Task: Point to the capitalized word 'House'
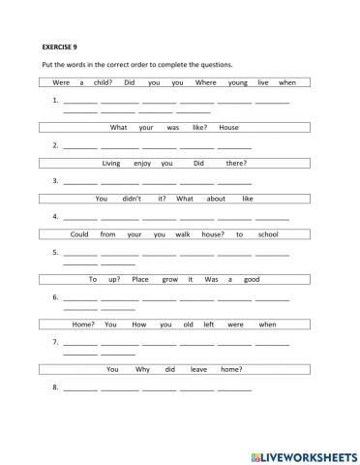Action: coord(228,127)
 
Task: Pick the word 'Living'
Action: coord(111,163)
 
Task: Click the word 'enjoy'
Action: coord(139,163)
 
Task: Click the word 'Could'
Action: coord(79,233)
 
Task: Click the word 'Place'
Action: coord(140,279)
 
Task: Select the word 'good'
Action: coord(252,279)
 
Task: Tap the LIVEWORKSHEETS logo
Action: coord(303,454)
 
